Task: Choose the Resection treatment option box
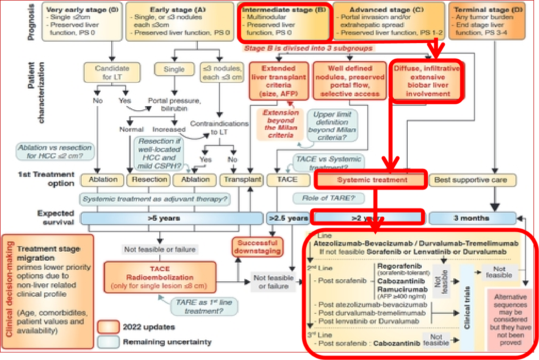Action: pyautogui.click(x=149, y=179)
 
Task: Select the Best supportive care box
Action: pyautogui.click(x=470, y=179)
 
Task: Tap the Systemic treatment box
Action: pyautogui.click(x=371, y=179)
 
